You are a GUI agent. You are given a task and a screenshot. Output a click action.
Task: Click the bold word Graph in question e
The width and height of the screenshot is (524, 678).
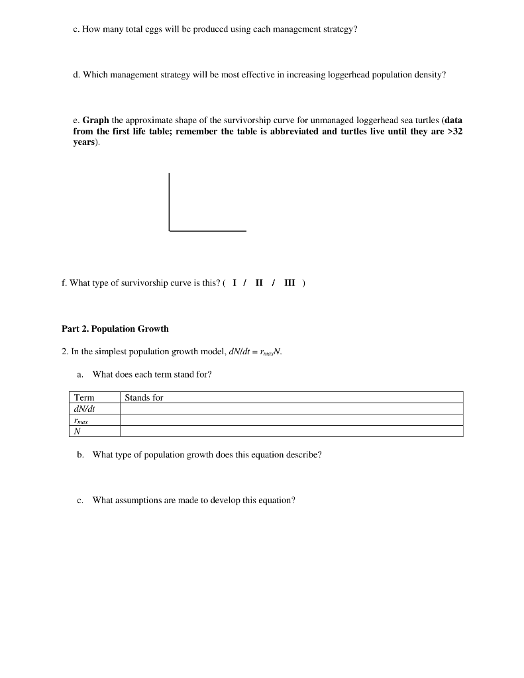[95, 121]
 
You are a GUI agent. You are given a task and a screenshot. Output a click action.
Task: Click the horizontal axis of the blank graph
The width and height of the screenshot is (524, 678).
[207, 230]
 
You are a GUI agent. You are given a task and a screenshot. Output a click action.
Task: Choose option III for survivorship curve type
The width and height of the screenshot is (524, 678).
[290, 283]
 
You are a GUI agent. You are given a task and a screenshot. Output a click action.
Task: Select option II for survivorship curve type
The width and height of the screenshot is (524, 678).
[260, 283]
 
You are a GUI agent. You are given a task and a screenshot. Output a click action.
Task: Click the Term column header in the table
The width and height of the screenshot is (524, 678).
[84, 397]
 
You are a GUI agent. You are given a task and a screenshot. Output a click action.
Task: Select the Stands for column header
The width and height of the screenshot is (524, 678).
[144, 397]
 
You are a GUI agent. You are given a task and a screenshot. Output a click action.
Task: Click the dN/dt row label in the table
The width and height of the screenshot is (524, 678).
[85, 409]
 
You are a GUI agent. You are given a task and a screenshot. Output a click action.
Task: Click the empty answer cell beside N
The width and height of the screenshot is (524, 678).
[291, 431]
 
